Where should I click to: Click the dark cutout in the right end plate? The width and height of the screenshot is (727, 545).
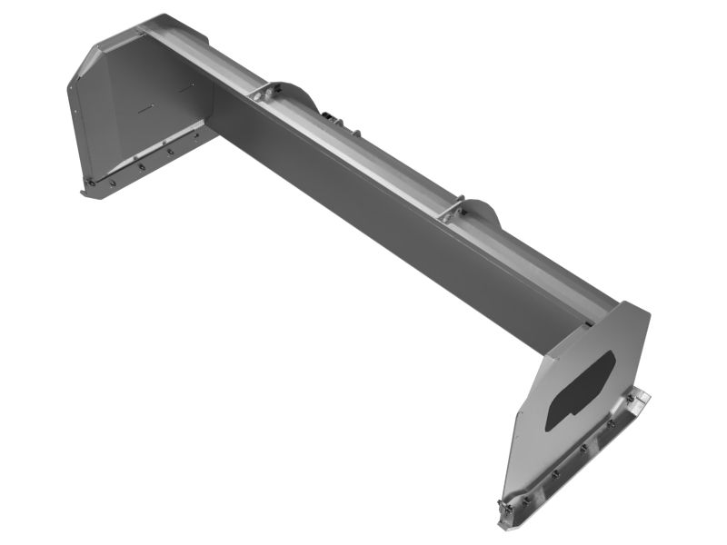click(x=580, y=391)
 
